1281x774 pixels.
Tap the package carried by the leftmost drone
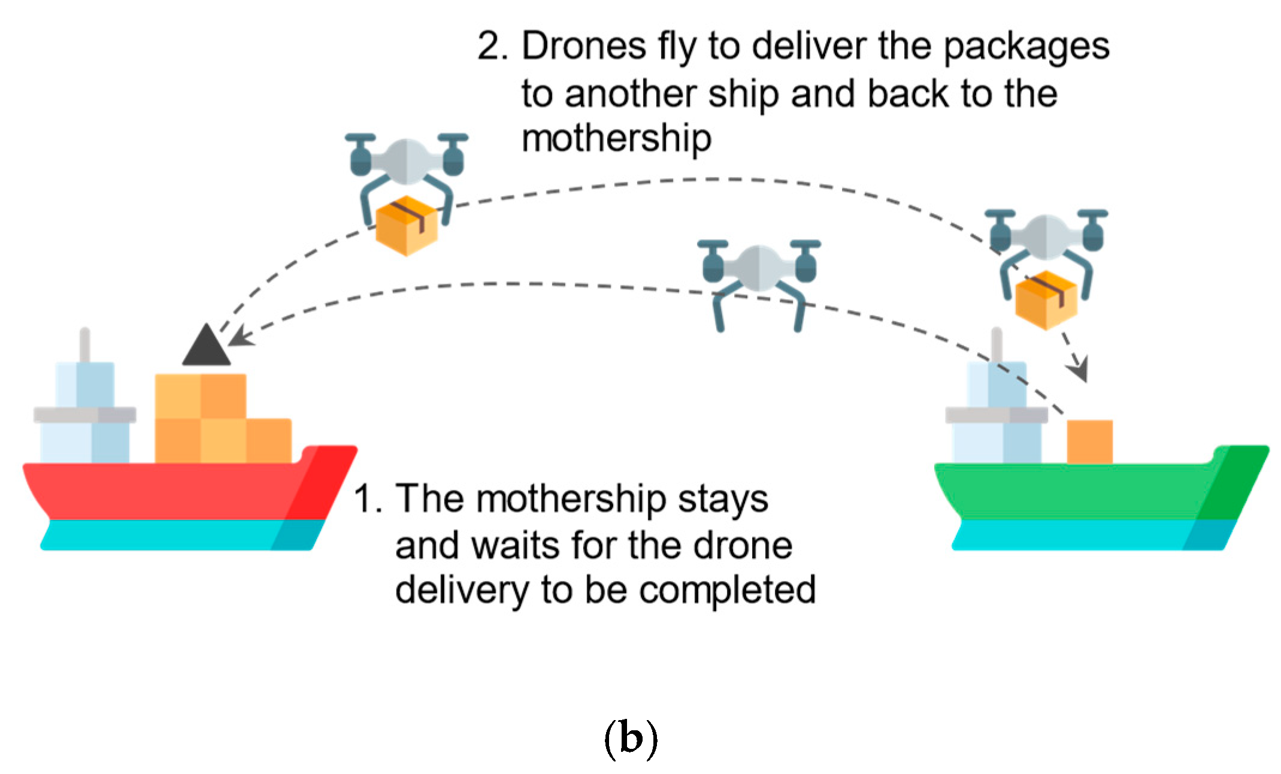(407, 225)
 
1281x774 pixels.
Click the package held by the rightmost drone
(1046, 300)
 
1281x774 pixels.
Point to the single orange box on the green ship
(1089, 442)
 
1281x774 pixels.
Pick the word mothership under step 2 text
(616, 139)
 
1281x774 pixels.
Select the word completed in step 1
(727, 591)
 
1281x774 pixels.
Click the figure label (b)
(631, 740)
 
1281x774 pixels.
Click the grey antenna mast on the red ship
(84, 345)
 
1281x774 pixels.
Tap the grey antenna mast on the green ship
(997, 345)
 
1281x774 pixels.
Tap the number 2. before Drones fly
(492, 46)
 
